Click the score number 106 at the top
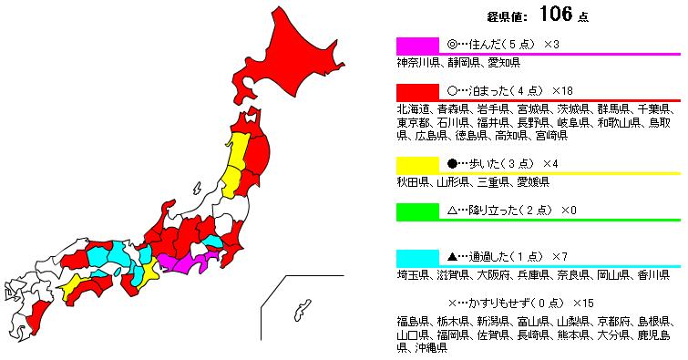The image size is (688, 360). pyautogui.click(x=557, y=14)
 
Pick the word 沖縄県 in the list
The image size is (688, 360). pyautogui.click(x=429, y=347)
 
